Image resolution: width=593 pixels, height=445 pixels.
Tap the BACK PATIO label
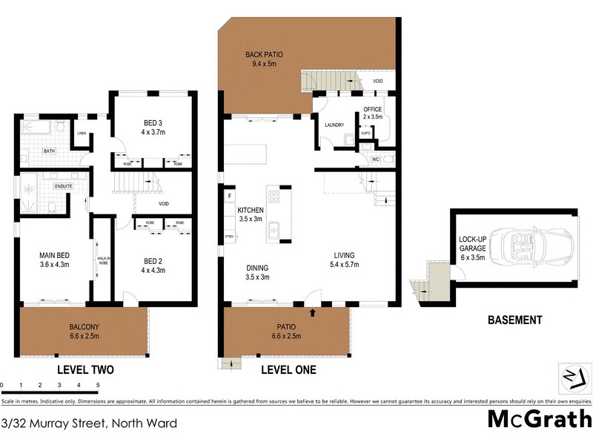[264, 55]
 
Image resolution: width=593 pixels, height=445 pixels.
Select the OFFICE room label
[372, 111]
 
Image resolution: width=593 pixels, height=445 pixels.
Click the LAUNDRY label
[334, 125]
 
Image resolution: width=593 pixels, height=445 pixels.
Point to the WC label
[375, 159]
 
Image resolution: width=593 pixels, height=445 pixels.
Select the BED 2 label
[153, 261]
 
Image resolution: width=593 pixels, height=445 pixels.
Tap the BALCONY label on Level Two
[84, 326]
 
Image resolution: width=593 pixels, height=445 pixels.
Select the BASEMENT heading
[514, 320]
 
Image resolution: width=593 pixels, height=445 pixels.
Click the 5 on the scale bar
[98, 385]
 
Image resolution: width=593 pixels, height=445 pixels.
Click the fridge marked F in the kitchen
[230, 196]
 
